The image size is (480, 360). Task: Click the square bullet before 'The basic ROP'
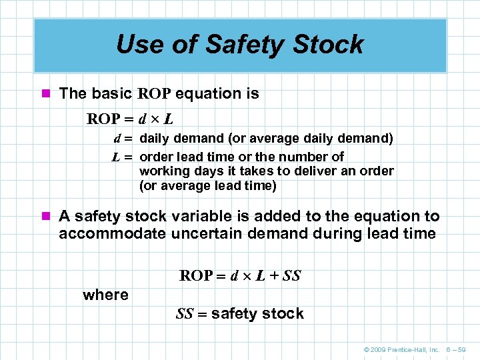tap(46, 94)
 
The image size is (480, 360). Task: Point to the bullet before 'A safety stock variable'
tap(46, 217)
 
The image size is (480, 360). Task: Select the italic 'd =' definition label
tap(123, 139)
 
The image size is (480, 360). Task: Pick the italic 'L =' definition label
tap(123, 157)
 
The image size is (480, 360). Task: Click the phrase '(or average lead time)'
tap(207, 186)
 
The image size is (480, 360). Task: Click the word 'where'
tap(105, 295)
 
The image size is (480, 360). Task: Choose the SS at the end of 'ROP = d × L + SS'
tap(291, 275)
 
